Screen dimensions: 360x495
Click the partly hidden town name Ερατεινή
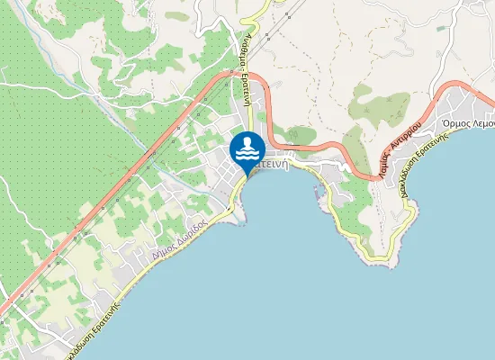273,165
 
